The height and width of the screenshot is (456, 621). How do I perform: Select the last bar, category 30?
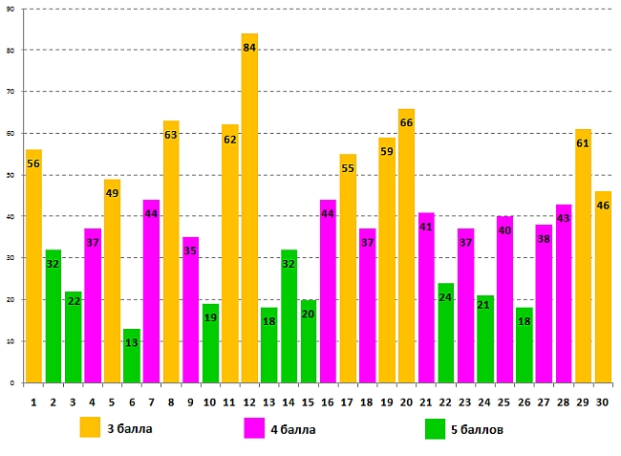pos(603,287)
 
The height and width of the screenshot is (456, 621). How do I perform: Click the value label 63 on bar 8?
pos(171,135)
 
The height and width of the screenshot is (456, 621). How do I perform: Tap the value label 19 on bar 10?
pos(210,317)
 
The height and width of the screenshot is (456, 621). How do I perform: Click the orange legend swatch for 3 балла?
pos(90,427)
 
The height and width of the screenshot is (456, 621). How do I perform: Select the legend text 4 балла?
pos(292,429)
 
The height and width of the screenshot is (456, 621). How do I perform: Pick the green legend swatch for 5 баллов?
pos(435,429)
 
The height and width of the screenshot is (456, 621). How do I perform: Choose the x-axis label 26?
pos(525,402)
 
